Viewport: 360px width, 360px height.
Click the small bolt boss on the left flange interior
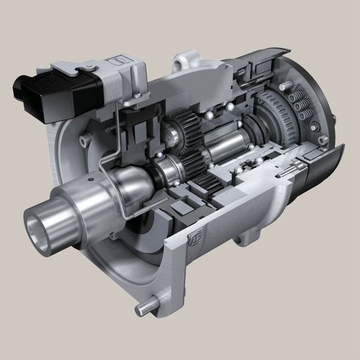pyautogui.click(x=85, y=141)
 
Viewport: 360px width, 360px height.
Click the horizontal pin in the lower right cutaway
pyautogui.click(x=287, y=175)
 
